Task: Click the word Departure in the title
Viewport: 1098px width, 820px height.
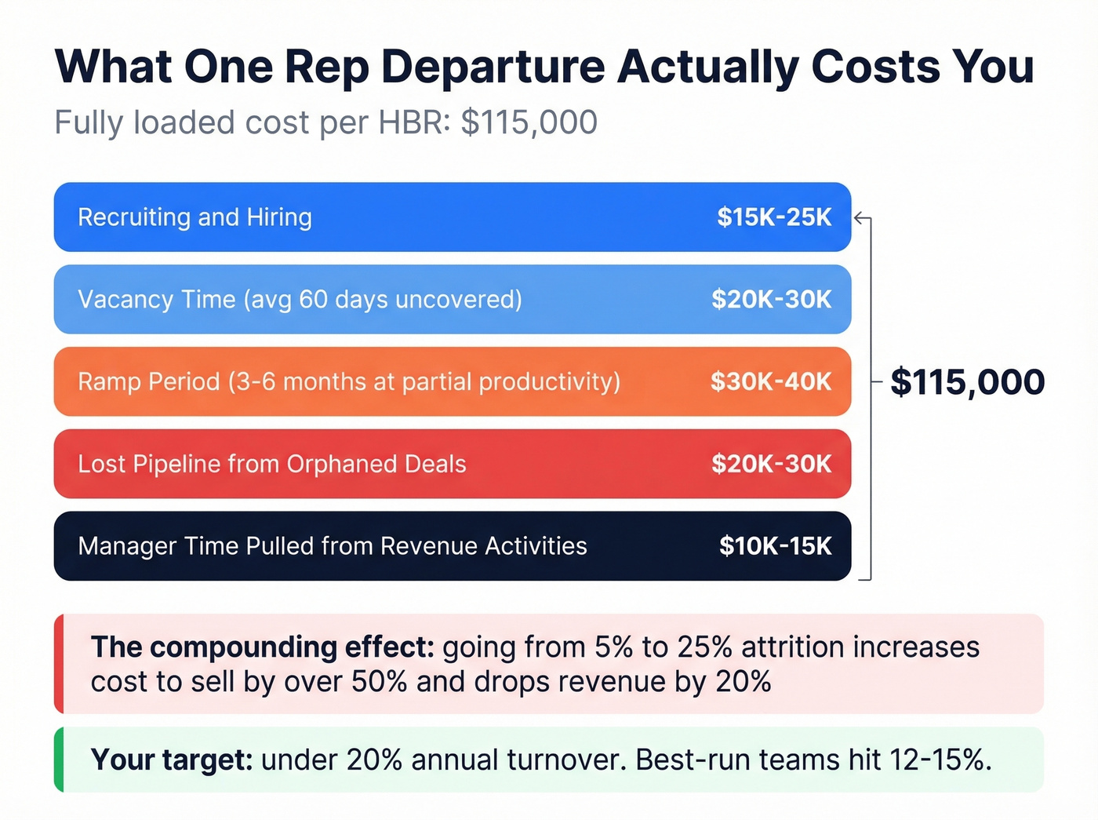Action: coord(493,67)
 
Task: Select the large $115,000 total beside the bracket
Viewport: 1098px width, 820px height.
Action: coord(967,382)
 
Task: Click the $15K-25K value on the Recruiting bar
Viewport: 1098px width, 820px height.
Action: coord(774,217)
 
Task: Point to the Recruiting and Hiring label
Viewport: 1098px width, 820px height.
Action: coord(195,217)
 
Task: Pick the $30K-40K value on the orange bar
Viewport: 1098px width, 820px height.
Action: coord(771,381)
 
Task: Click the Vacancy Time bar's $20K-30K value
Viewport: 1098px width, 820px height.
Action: coord(771,299)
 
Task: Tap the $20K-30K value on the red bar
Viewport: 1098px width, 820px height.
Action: coord(771,464)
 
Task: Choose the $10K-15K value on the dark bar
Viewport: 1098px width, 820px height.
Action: coord(775,546)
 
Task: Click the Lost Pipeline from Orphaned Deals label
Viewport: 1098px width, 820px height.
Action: coord(271,464)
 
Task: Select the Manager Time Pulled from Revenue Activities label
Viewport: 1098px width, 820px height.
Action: coord(332,546)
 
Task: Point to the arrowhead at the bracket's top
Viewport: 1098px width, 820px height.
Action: coord(859,218)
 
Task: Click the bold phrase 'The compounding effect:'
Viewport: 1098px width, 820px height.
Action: coord(262,647)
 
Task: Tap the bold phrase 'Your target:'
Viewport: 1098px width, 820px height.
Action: coord(172,760)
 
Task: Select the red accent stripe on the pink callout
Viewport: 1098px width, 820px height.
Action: coord(59,664)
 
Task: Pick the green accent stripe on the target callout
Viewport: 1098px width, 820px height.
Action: coord(59,760)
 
